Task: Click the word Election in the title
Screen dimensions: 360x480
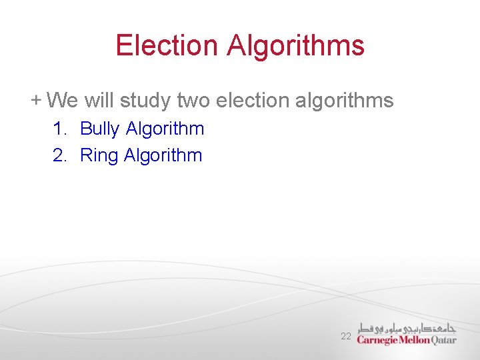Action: pyautogui.click(x=167, y=45)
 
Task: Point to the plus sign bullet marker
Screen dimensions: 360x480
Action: pyautogui.click(x=35, y=100)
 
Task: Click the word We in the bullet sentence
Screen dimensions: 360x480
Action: pyautogui.click(x=63, y=101)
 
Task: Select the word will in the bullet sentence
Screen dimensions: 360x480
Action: pyautogui.click(x=99, y=101)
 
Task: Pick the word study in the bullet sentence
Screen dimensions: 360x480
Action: pyautogui.click(x=145, y=101)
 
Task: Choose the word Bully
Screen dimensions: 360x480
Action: pyautogui.click(x=100, y=129)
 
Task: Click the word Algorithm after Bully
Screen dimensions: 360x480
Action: pyautogui.click(x=165, y=129)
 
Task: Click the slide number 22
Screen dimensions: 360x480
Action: pyautogui.click(x=345, y=337)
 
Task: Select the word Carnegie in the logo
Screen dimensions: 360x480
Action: pyautogui.click(x=379, y=339)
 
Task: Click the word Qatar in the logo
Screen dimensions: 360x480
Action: pyautogui.click(x=444, y=339)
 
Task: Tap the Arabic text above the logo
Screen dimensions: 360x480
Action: pyautogui.click(x=407, y=327)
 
